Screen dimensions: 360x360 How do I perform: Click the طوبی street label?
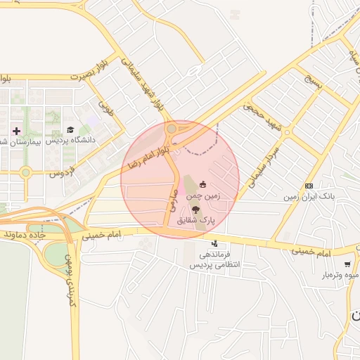coord(106,109)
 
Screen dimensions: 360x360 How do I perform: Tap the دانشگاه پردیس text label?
coord(70,141)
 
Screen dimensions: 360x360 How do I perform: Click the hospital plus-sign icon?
coord(17,131)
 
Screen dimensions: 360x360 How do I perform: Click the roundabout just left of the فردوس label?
coord(26,172)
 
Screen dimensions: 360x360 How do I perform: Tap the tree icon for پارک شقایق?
coord(195,210)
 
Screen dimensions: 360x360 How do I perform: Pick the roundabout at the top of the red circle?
coord(172,129)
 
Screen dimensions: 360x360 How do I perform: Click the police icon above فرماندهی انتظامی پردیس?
coord(205,243)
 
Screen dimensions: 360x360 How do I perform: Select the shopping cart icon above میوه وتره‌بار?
coord(347,264)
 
